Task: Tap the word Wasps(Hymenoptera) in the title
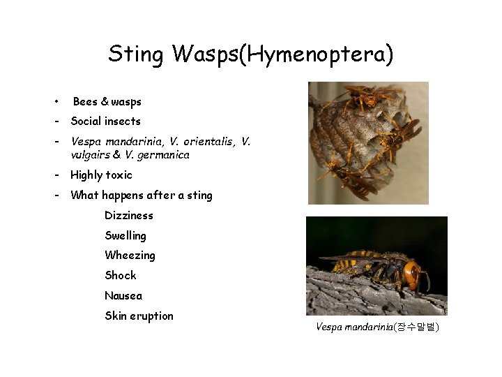pyautogui.click(x=283, y=54)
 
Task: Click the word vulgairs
pyautogui.click(x=92, y=155)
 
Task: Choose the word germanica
pyautogui.click(x=162, y=155)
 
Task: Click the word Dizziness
pyautogui.click(x=129, y=216)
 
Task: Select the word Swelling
pyautogui.click(x=125, y=236)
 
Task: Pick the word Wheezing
pyautogui.click(x=130, y=256)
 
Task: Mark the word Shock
pyautogui.click(x=121, y=276)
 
